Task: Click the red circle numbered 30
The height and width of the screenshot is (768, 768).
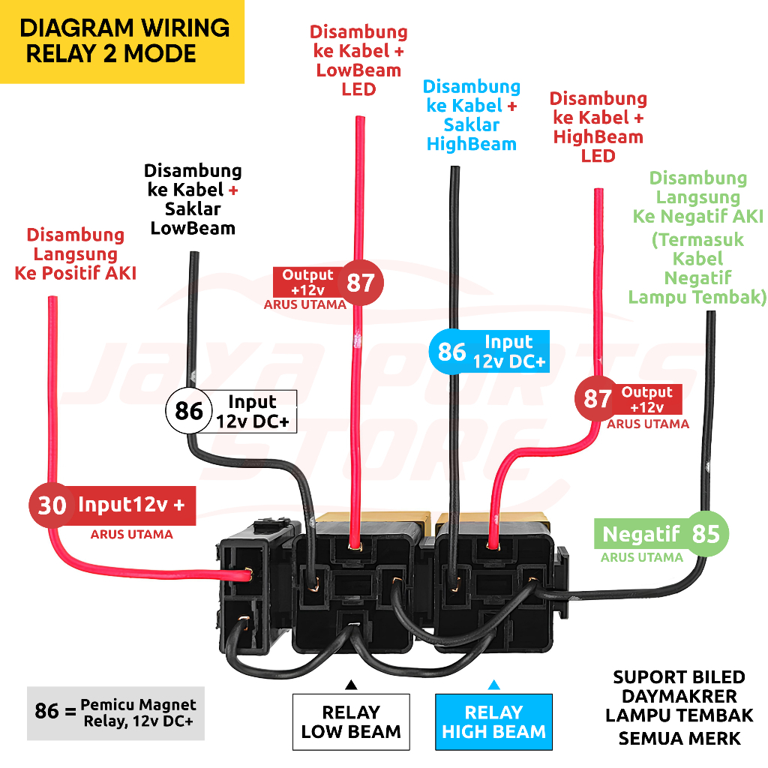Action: click(52, 505)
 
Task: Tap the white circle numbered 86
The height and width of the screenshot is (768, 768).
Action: click(189, 411)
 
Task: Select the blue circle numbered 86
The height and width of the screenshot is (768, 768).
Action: click(451, 351)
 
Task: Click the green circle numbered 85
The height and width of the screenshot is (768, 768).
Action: click(706, 534)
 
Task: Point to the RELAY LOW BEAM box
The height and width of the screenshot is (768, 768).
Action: click(351, 721)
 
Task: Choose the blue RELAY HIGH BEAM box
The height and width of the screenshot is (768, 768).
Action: click(493, 721)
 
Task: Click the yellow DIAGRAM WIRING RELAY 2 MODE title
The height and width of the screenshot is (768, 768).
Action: click(122, 41)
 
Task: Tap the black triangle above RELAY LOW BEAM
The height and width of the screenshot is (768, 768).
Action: click(350, 684)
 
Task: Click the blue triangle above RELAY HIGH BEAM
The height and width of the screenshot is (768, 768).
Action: click(493, 684)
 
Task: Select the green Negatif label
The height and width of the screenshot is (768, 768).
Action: click(641, 535)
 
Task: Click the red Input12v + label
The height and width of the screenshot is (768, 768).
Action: click(132, 505)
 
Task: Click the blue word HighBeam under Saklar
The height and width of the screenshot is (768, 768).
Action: click(472, 144)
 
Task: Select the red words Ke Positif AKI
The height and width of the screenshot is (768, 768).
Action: click(75, 273)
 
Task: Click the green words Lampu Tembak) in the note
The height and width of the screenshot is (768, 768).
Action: click(697, 297)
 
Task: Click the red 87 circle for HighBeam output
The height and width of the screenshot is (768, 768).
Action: click(597, 398)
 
